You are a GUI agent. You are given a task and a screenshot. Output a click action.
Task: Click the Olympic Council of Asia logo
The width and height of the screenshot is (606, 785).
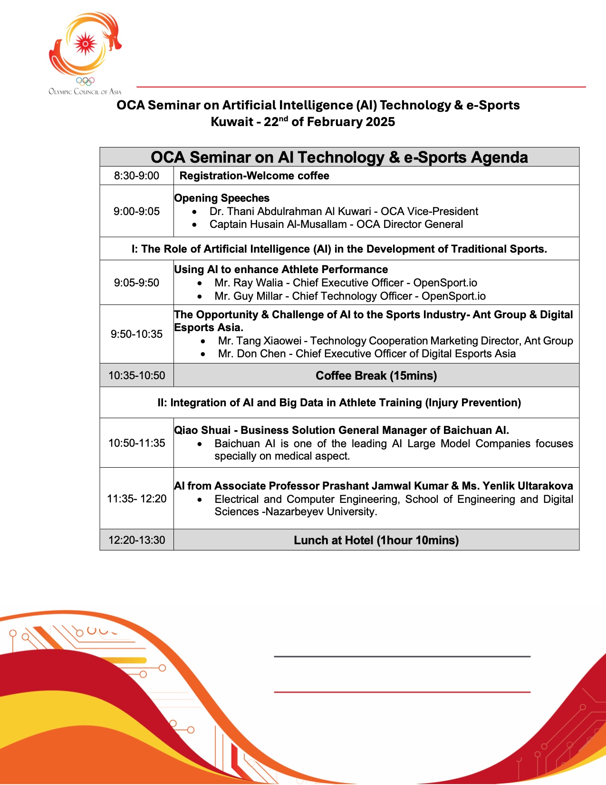(x=85, y=52)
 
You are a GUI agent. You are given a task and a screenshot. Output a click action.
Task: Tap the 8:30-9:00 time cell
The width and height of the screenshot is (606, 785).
(x=136, y=176)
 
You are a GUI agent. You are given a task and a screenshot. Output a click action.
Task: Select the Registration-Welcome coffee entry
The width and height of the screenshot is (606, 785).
(x=254, y=176)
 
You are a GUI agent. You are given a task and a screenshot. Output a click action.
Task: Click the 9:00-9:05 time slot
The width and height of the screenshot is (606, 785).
(x=136, y=211)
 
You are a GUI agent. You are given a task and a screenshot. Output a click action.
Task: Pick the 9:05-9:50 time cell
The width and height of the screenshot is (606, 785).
(x=136, y=283)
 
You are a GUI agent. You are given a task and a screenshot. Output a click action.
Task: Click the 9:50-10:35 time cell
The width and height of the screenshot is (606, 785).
(x=136, y=334)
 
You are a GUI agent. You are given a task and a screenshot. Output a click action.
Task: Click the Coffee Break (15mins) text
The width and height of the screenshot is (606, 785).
(x=376, y=375)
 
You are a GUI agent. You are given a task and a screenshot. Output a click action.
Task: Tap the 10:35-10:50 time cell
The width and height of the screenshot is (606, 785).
(x=136, y=375)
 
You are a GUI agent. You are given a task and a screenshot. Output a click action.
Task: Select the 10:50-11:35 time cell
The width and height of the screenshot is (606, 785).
(x=136, y=443)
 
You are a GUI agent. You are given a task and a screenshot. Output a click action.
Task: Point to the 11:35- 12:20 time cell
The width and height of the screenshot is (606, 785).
(x=136, y=499)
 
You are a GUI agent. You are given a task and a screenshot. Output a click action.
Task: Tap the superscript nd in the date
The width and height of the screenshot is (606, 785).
(x=283, y=118)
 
